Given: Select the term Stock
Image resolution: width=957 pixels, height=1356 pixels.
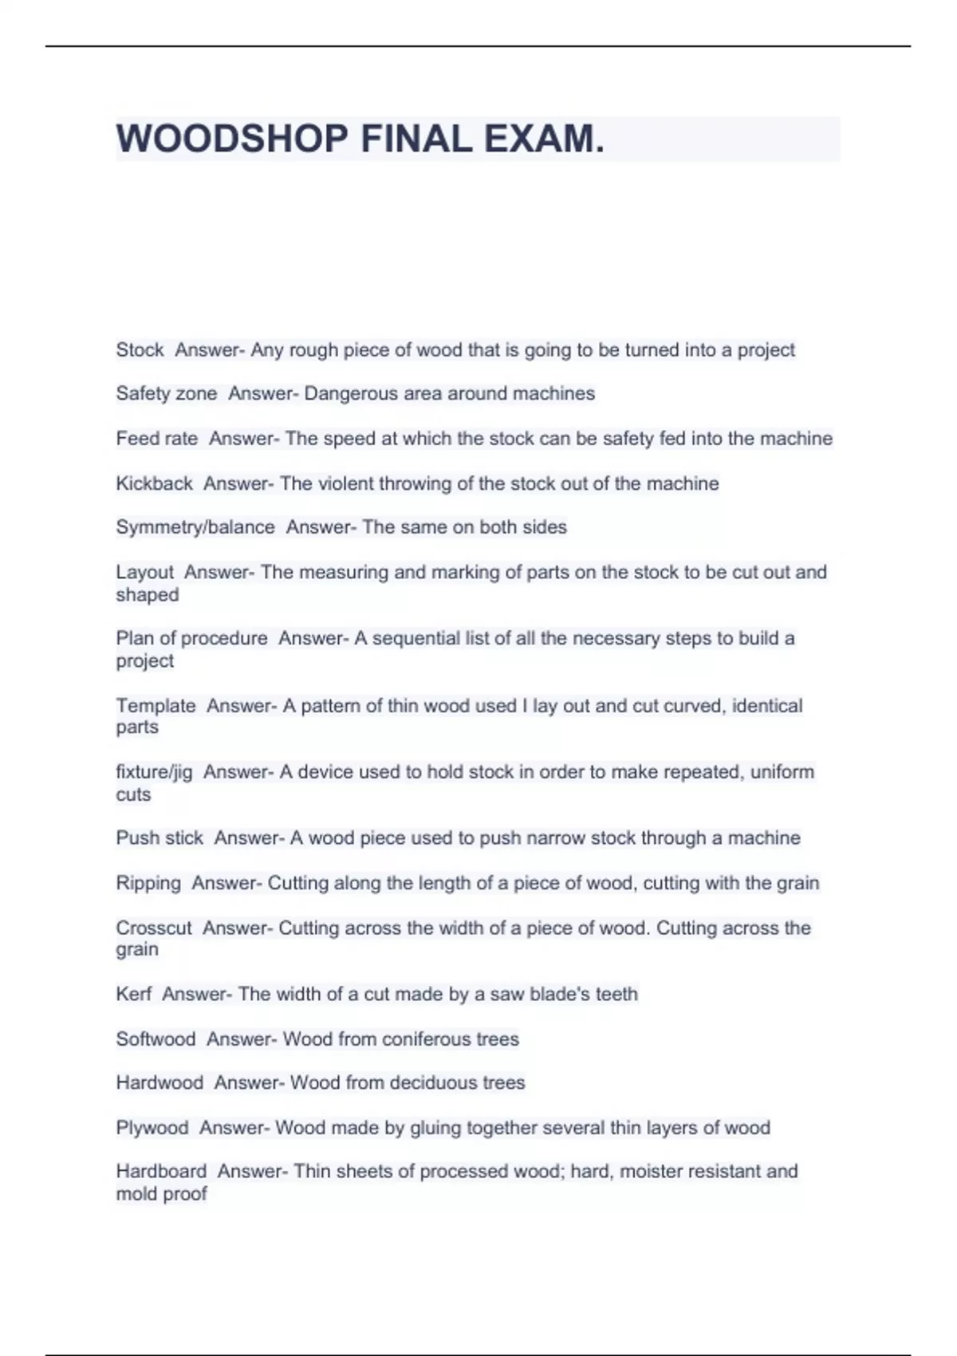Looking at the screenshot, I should (x=140, y=350).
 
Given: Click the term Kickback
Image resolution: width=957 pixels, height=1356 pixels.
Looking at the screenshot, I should (x=154, y=483).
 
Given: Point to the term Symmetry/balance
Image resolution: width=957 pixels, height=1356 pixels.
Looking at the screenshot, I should (x=195, y=527).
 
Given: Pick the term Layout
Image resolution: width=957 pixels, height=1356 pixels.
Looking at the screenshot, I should (x=144, y=572).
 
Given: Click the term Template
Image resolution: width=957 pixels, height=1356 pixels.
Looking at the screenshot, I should (x=156, y=706).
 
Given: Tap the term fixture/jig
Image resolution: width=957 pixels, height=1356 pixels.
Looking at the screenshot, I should (x=154, y=772).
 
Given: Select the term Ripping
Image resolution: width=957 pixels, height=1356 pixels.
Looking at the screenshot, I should (x=148, y=883).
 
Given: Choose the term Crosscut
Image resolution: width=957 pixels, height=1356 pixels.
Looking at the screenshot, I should (x=154, y=928).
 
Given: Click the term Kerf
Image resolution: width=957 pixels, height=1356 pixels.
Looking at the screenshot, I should (x=133, y=994).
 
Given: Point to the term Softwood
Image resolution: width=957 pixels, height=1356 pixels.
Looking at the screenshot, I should (x=156, y=1039).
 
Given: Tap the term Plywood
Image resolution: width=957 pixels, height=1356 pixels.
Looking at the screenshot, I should (x=152, y=1128).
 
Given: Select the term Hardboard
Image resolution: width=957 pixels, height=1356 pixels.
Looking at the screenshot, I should (x=161, y=1171).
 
